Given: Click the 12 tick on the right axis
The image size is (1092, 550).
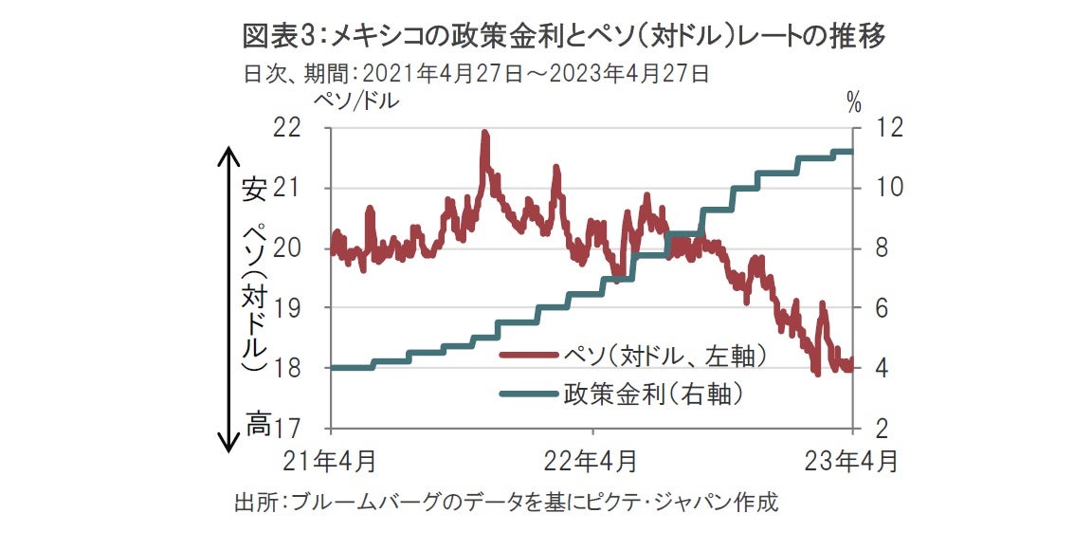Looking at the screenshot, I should [x=874, y=128].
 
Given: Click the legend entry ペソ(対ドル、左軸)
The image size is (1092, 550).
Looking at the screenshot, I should [x=664, y=356].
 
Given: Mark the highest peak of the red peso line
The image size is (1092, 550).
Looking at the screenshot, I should [x=484, y=134].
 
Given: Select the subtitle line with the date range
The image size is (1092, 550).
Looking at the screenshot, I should [x=477, y=73].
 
